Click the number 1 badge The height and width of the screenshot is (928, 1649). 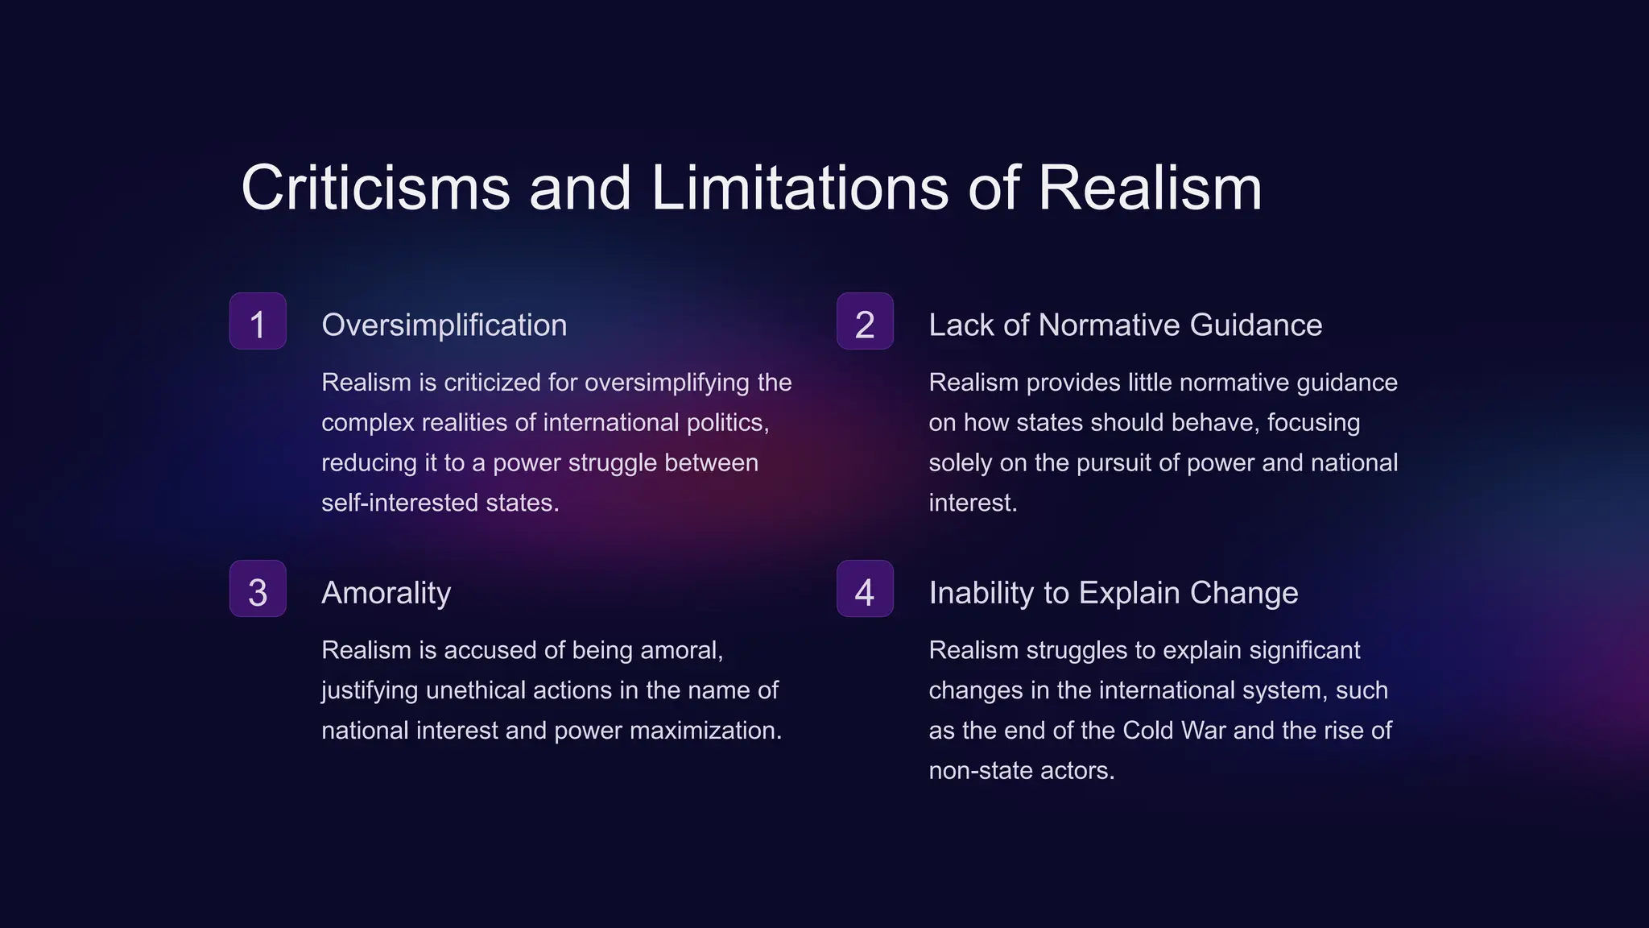tap(258, 321)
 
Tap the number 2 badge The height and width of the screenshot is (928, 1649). tap(865, 321)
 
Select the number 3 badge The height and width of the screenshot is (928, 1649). tap(258, 589)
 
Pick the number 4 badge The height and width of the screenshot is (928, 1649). tap(865, 589)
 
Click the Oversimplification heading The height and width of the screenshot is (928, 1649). tap(444, 325)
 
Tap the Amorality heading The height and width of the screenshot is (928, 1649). tap(386, 593)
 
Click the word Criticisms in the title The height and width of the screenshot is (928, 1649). tap(375, 188)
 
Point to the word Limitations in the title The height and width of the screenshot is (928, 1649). tap(800, 188)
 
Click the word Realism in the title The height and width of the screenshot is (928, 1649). tap(1149, 188)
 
